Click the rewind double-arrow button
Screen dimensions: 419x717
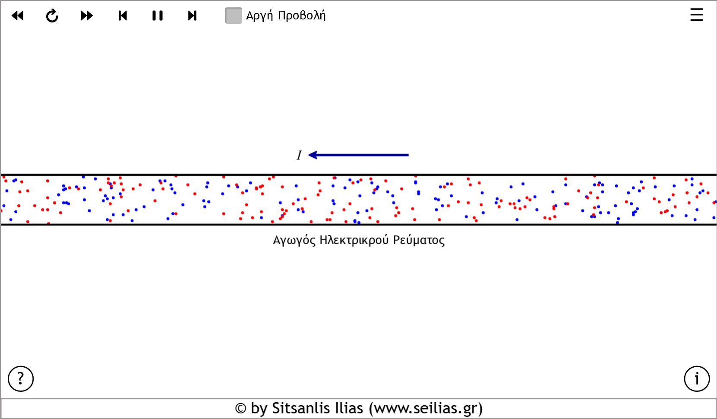[18, 16]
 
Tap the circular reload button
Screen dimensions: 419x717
[52, 16]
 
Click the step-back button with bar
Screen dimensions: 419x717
[123, 16]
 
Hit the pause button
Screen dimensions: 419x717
[158, 16]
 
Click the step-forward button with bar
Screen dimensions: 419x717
[192, 16]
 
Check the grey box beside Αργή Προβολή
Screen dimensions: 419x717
[234, 16]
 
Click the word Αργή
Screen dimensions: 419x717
[259, 16]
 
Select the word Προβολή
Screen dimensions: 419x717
[302, 16]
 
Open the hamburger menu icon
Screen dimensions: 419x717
[696, 15]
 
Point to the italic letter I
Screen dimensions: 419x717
[299, 155]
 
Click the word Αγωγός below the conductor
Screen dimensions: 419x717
[294, 240]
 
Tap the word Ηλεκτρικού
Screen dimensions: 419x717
[354, 240]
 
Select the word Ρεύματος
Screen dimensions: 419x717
[419, 240]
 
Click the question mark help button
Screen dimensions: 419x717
[21, 379]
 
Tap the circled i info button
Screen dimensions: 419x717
[697, 379]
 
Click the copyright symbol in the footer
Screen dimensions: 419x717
[240, 409]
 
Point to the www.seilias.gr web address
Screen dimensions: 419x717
[426, 408]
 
